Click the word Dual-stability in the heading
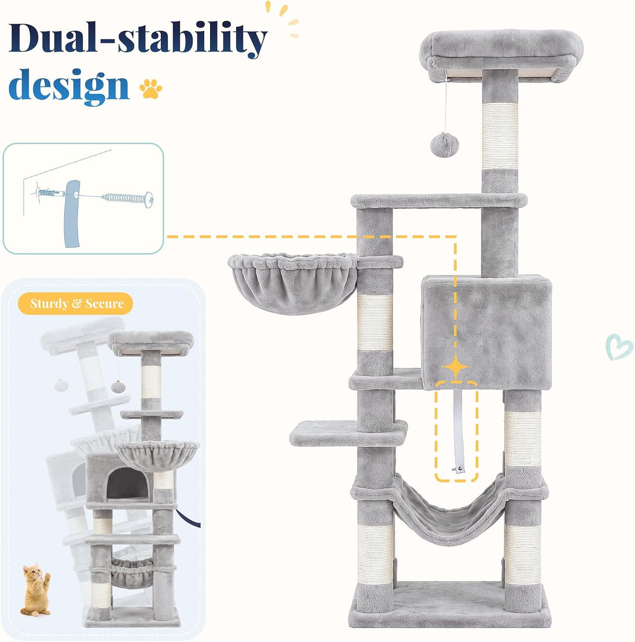point(138,39)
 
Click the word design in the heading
point(69,86)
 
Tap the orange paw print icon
point(151,88)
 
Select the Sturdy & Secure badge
point(75,303)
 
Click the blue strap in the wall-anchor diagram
point(72,213)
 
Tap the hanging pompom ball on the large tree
point(444,144)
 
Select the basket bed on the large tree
point(293,283)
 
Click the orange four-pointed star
point(456,366)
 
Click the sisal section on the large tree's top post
point(500,135)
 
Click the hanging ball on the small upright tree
point(119,387)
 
